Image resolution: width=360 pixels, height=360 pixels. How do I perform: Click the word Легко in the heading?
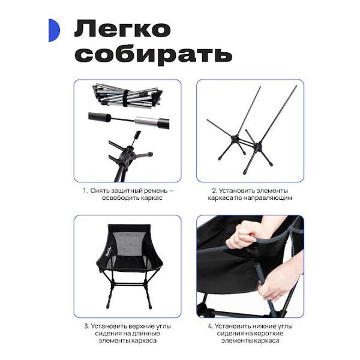pos(122,29)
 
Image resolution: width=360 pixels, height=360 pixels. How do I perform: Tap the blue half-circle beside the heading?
pos(54,31)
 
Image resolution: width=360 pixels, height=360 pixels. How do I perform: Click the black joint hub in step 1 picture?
pos(127,156)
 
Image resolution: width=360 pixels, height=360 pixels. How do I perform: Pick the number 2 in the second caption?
pos(214,191)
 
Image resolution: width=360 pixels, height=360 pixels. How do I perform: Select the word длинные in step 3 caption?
pos(148,334)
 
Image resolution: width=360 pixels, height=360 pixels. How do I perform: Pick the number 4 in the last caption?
pos(211,326)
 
